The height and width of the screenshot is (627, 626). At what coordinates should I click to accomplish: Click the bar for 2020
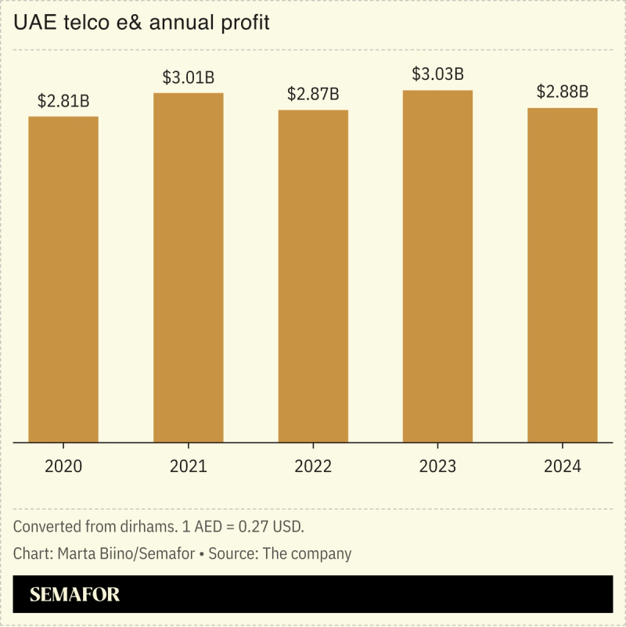63,279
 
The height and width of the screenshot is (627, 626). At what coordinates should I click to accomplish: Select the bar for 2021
188,268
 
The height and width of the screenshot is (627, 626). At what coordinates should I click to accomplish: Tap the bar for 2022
313,276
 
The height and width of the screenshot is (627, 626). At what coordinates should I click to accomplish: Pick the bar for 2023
437,266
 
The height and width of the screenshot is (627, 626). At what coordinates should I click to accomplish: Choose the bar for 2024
562,275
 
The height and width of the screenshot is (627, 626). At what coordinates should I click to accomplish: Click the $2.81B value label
63,101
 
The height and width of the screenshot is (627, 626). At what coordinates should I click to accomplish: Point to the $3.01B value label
188,77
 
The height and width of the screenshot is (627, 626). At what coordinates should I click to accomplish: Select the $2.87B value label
313,94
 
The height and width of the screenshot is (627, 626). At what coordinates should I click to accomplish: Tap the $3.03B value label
437,75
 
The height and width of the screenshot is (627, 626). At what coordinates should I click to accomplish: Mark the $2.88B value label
562,92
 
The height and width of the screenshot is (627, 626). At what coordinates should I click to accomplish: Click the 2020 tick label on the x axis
63,467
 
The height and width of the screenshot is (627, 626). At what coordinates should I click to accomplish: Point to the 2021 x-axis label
188,467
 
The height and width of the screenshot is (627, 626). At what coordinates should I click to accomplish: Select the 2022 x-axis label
313,467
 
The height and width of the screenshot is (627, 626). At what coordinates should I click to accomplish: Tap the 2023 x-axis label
437,467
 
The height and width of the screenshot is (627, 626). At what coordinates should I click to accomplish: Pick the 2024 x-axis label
562,467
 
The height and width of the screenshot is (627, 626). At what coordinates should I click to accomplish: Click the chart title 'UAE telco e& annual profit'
142,23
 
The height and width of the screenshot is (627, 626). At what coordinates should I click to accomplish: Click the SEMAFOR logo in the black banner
74,595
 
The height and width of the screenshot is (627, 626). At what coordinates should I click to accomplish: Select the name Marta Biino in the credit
88,553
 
